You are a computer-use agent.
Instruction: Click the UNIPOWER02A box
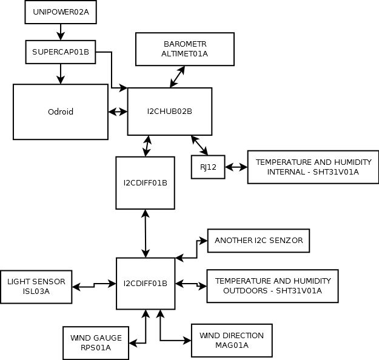point(61,12)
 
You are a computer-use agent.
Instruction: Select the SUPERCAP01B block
point(61,52)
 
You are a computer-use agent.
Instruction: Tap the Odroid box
point(61,112)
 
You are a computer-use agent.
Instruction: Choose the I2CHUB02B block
point(170,112)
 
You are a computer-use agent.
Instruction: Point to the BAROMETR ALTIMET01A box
point(185,48)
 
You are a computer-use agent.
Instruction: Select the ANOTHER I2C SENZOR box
point(259,241)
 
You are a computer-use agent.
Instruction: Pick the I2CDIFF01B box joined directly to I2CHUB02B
point(145,182)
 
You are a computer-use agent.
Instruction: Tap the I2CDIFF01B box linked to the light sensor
point(145,283)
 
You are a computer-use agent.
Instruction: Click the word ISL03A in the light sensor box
point(36,292)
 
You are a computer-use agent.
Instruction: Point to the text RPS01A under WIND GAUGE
point(96,347)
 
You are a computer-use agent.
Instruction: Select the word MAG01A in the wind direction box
point(231,345)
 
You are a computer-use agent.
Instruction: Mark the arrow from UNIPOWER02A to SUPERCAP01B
point(61,32)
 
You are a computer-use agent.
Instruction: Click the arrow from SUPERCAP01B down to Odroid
point(61,73)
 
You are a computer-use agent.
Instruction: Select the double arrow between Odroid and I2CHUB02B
point(118,112)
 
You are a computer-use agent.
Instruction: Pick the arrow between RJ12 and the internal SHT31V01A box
point(236,167)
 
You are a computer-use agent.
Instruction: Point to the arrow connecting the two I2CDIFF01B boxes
point(145,233)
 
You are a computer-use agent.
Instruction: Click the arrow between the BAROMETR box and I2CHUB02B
point(178,76)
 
